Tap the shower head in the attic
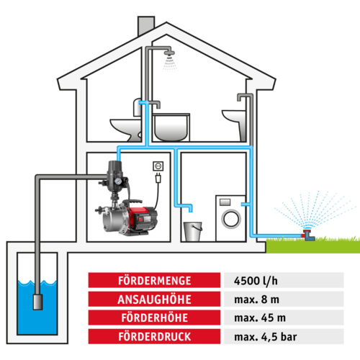(x=169, y=53)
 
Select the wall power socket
(x=158, y=166)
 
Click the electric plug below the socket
(x=158, y=178)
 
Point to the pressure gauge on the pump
(x=117, y=181)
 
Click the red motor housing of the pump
(x=143, y=217)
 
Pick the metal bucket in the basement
(x=192, y=231)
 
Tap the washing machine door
(x=231, y=219)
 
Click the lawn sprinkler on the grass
(x=308, y=235)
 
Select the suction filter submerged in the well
(x=37, y=302)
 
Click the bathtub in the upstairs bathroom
(x=171, y=127)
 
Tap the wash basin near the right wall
(x=234, y=117)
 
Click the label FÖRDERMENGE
(x=155, y=281)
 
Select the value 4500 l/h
(x=256, y=281)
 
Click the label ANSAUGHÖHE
(x=155, y=300)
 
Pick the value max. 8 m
(x=256, y=300)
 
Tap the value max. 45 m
(x=260, y=318)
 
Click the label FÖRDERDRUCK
(x=155, y=336)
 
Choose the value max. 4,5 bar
(x=266, y=337)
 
